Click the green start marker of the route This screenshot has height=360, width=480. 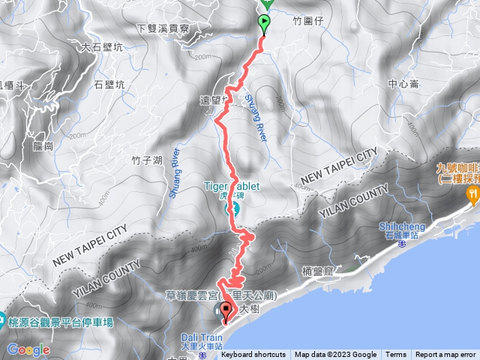pos(264,23)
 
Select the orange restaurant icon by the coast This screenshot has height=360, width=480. pos(473,193)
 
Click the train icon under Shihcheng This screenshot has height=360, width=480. pos(402,244)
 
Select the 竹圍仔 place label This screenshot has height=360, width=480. pos(307,22)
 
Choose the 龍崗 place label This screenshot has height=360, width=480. pos(43,145)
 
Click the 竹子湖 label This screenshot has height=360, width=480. pos(147,160)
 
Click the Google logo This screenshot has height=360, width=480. pos(28,350)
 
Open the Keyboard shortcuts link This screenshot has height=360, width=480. pos(253,355)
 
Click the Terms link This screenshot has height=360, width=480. pos(395,355)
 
